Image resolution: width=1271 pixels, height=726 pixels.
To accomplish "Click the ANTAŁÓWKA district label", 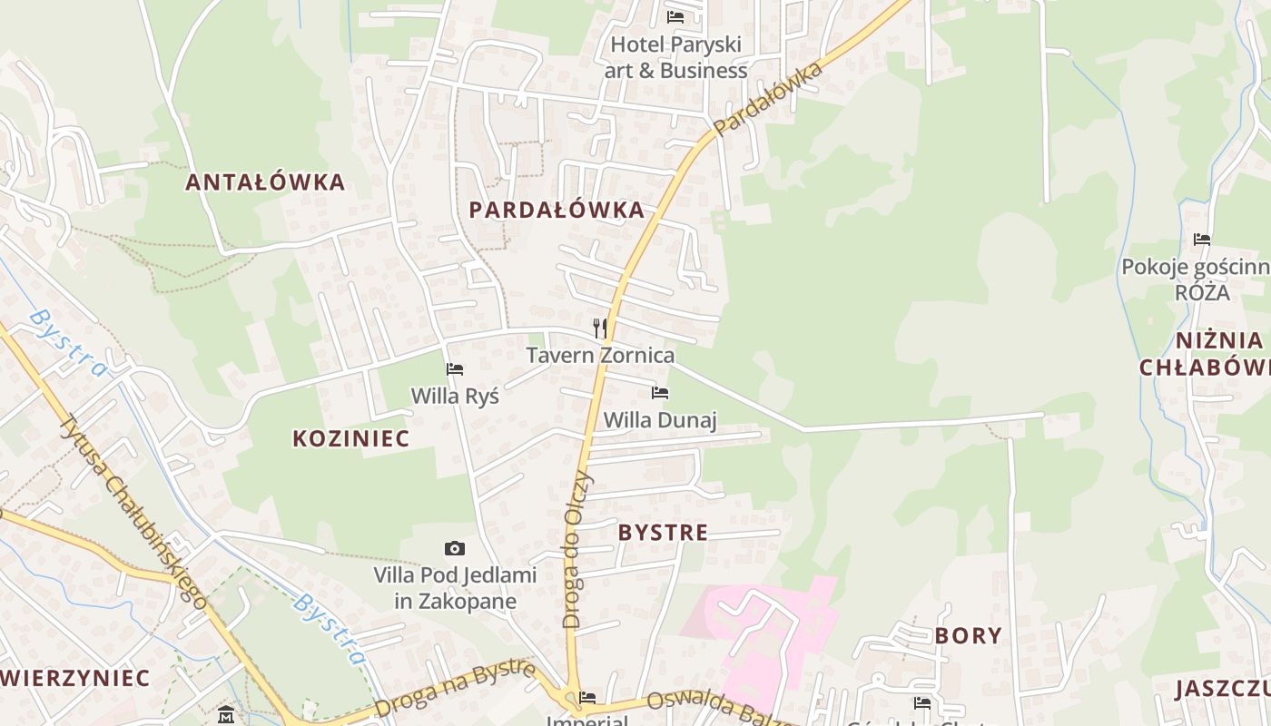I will pyautogui.click(x=265, y=182).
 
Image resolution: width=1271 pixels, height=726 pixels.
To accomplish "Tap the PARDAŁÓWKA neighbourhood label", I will pyautogui.click(x=557, y=211).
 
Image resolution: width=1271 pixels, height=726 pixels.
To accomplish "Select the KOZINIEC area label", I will pyautogui.click(x=351, y=439).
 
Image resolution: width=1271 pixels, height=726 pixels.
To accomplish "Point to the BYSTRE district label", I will pyautogui.click(x=663, y=533).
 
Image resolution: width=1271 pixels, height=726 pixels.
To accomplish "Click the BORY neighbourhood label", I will pyautogui.click(x=969, y=636).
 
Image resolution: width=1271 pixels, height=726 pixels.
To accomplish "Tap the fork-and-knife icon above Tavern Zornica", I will pyautogui.click(x=599, y=329).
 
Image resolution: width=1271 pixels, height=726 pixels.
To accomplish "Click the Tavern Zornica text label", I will pyautogui.click(x=600, y=356).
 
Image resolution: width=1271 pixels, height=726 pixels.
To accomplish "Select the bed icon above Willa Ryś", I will pyautogui.click(x=455, y=369).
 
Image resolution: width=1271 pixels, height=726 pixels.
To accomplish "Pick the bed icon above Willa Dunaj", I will pyautogui.click(x=660, y=393).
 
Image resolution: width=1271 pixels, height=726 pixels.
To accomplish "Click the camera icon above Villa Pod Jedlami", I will pyautogui.click(x=455, y=548).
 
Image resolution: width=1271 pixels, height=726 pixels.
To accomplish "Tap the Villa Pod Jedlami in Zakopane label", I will pyautogui.click(x=456, y=588).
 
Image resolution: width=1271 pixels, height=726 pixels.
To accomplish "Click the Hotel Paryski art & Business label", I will pyautogui.click(x=677, y=57).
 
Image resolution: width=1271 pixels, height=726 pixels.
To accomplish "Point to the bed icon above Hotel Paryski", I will pyautogui.click(x=675, y=16).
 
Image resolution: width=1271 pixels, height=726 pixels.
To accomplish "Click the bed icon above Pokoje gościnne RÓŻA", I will pyautogui.click(x=1202, y=240).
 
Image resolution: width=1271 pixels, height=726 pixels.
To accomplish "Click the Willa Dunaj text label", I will pyautogui.click(x=660, y=420).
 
